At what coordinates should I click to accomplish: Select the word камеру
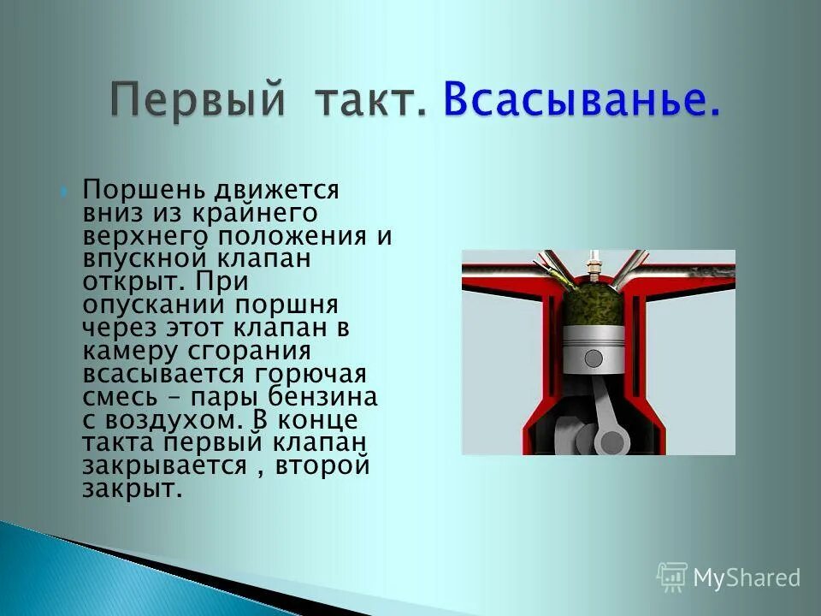click(x=130, y=352)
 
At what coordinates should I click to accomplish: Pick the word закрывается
click(x=168, y=467)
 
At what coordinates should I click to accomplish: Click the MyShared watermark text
click(x=746, y=578)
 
